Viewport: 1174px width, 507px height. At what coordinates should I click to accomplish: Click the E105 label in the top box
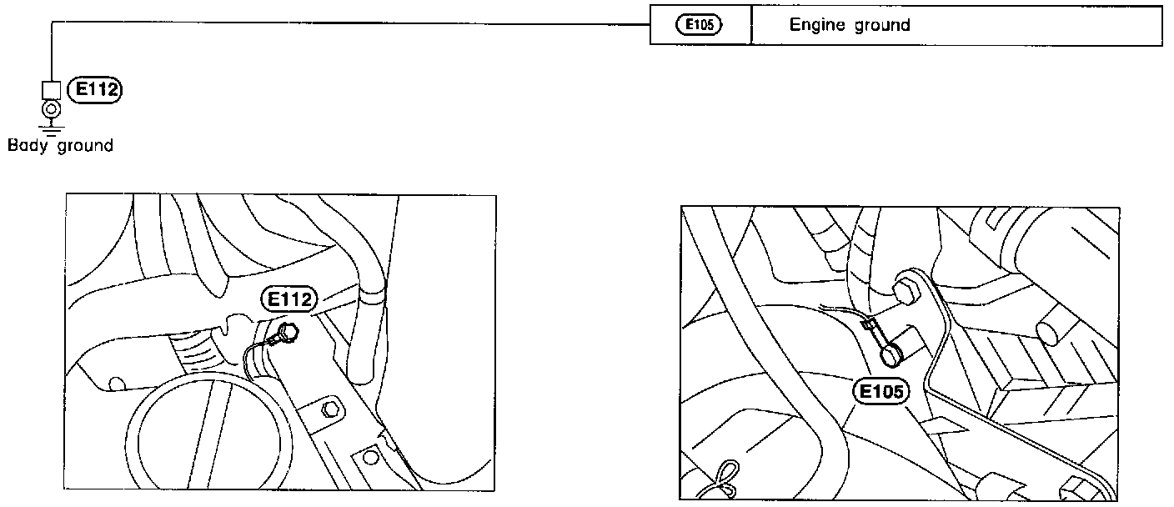point(699,25)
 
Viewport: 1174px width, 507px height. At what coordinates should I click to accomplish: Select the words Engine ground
point(850,25)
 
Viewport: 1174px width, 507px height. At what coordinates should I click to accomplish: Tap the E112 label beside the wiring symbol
point(94,89)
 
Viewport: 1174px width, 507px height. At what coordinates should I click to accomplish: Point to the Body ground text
point(60,146)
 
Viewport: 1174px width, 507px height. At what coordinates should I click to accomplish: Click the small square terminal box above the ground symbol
point(51,89)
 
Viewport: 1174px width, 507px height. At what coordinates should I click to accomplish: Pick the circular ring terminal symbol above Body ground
point(51,109)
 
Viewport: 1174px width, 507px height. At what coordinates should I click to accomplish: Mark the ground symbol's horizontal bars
point(51,128)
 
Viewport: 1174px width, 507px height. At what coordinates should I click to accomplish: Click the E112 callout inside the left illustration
point(288,299)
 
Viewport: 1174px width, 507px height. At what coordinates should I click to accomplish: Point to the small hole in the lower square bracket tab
point(368,457)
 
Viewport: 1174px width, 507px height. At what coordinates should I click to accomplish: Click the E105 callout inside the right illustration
point(880,390)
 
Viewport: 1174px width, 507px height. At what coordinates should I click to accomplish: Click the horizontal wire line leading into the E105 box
point(350,23)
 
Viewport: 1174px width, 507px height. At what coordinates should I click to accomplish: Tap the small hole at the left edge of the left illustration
point(116,384)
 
